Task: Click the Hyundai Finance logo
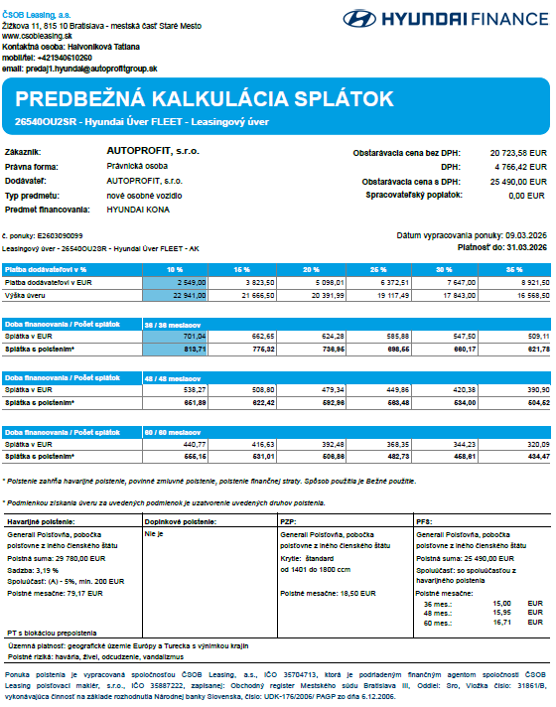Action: click(443, 18)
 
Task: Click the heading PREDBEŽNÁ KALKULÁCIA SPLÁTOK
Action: click(205, 98)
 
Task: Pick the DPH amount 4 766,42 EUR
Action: click(521, 168)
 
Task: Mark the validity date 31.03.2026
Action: click(525, 246)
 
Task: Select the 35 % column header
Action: click(513, 269)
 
